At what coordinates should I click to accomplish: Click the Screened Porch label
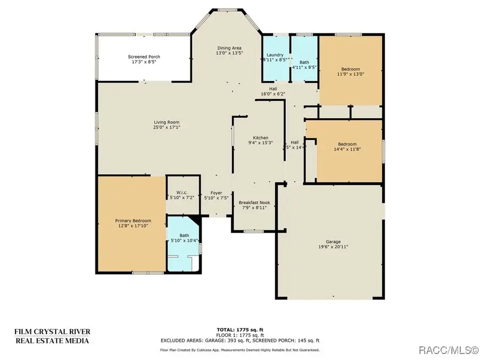[143, 57]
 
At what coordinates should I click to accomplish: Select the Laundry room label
[275, 55]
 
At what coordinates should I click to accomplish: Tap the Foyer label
[216, 193]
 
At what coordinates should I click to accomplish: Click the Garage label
[333, 242]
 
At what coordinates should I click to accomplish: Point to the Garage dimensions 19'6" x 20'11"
[333, 247]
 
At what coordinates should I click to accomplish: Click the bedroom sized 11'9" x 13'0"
[350, 72]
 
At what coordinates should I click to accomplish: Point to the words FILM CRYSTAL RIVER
[51, 332]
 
